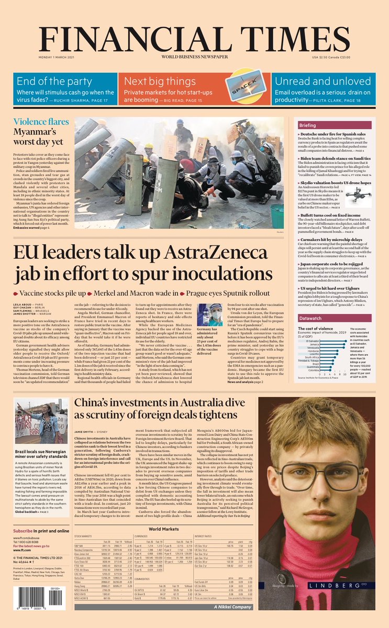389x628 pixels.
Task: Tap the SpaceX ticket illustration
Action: tap(246, 83)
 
